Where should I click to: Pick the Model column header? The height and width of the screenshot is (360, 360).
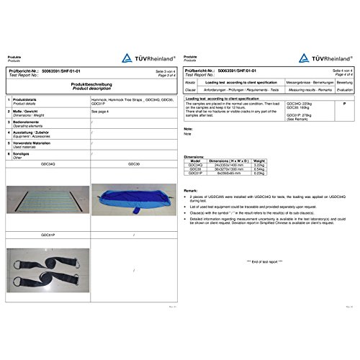(x=195, y=161)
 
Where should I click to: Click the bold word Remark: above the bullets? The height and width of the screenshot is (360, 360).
(x=191, y=190)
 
